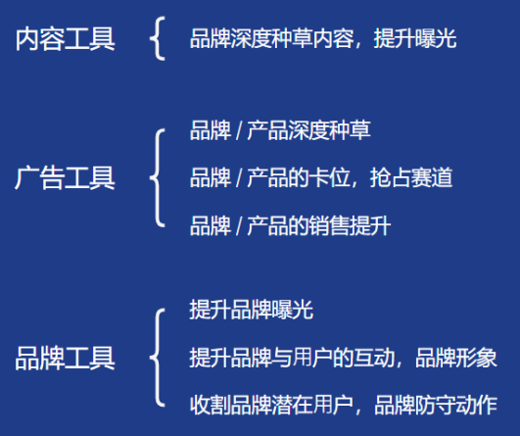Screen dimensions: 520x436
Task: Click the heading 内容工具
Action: pos(66,39)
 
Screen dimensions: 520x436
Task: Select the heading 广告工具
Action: pos(65,178)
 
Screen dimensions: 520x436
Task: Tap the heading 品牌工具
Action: pos(66,358)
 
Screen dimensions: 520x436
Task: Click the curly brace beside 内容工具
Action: pos(157,38)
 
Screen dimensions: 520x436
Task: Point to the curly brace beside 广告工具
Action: pos(157,178)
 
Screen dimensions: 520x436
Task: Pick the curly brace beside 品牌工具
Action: pos(157,358)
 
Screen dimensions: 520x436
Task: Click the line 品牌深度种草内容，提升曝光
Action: pos(323,39)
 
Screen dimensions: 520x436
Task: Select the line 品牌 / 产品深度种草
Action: pos(280,130)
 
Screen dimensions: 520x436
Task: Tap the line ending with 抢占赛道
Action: pos(321,177)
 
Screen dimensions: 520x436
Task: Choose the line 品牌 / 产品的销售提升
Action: pos(290,225)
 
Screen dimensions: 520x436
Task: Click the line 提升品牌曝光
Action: pos(251,310)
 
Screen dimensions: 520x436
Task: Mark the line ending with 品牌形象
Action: pos(344,358)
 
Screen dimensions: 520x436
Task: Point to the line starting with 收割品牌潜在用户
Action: pos(344,405)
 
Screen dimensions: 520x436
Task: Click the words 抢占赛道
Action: pos(411,177)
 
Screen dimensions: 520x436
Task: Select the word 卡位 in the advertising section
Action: pos(329,177)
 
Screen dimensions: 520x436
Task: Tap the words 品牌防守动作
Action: pos(436,405)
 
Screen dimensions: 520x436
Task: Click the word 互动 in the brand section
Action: pos(374,358)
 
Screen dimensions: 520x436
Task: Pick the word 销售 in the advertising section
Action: pos(329,225)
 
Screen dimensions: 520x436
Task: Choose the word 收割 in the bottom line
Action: pos(210,405)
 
